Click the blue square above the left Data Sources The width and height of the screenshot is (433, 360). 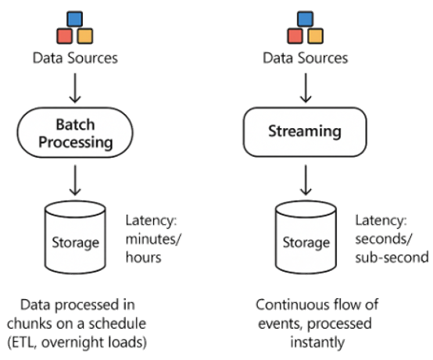point(75,18)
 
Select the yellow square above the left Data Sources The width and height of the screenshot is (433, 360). point(85,36)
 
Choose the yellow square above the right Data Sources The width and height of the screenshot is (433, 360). point(316,36)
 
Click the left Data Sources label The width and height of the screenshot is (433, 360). point(75,57)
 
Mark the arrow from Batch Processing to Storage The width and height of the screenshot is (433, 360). point(76,182)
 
